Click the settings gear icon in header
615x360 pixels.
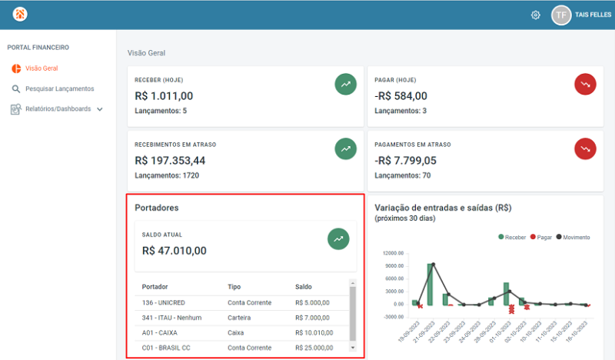[536, 15]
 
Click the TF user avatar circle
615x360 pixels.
[561, 15]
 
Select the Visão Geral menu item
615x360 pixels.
[41, 68]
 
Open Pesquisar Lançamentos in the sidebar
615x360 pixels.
[59, 88]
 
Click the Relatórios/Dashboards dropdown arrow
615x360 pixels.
[100, 109]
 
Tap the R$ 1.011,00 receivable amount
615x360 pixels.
[164, 96]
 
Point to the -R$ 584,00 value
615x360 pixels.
[401, 96]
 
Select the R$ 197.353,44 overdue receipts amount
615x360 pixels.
[170, 161]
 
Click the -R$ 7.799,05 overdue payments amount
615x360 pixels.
[405, 161]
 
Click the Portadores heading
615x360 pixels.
[157, 208]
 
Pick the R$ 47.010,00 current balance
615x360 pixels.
[175, 250]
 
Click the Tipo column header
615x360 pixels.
[234, 287]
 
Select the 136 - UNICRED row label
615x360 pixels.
[164, 302]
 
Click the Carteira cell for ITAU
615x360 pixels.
[241, 318]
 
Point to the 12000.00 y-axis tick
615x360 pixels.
[394, 253]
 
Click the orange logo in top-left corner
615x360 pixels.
[20, 15]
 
